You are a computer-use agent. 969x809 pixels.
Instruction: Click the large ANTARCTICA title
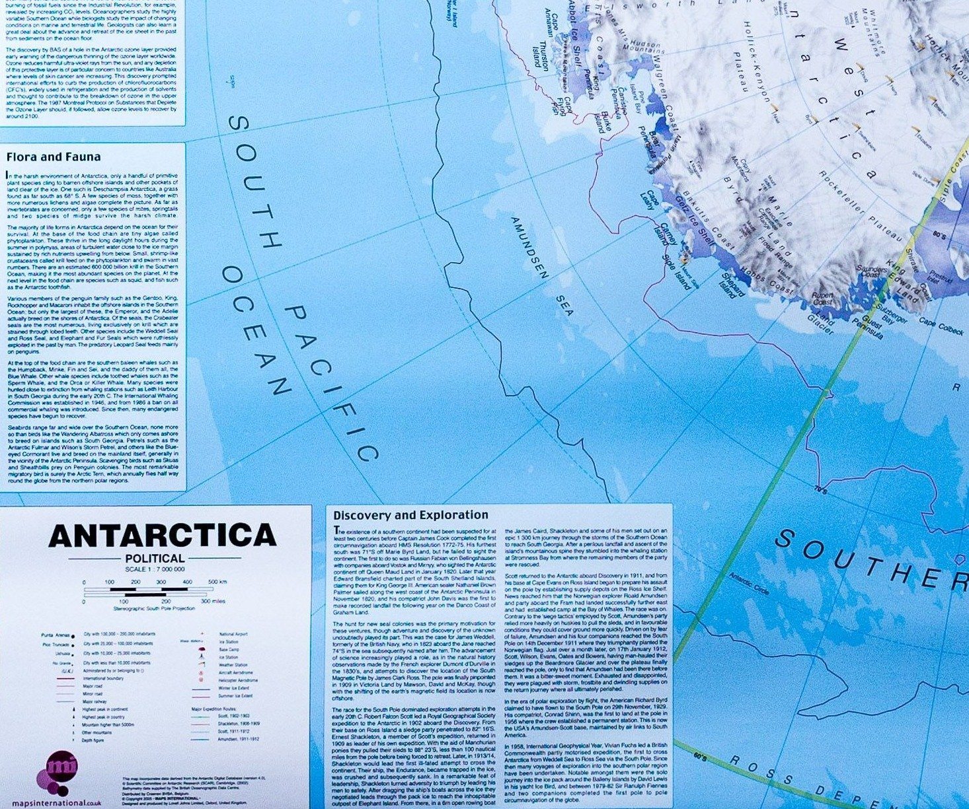tap(163, 536)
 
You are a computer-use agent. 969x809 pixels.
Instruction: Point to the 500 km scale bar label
tap(217, 582)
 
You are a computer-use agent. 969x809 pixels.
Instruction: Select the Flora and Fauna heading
tap(54, 157)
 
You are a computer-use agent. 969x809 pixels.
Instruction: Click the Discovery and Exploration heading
tap(410, 515)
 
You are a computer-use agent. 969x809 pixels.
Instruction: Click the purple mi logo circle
tap(61, 770)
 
